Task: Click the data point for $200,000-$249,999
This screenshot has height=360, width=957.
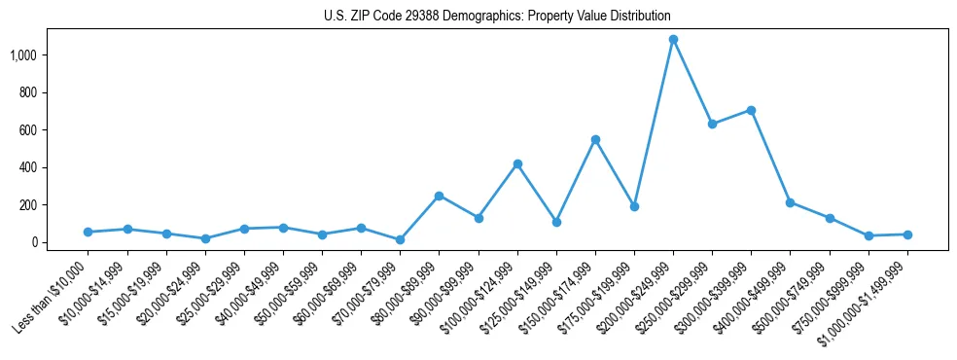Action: pyautogui.click(x=673, y=40)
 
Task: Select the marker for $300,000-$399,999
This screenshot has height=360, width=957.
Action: pyautogui.click(x=751, y=110)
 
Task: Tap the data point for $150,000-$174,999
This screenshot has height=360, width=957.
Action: pyautogui.click(x=595, y=139)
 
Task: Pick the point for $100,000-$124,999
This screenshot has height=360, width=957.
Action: pyautogui.click(x=517, y=163)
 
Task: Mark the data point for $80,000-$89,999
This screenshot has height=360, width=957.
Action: pyautogui.click(x=439, y=196)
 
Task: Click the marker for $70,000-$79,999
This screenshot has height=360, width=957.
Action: pyautogui.click(x=400, y=239)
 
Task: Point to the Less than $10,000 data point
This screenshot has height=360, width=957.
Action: pyautogui.click(x=88, y=232)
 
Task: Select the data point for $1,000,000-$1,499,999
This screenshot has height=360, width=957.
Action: pyautogui.click(x=907, y=234)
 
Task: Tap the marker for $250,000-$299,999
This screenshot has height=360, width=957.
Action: pyautogui.click(x=712, y=125)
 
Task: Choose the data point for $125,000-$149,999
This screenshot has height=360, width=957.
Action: pyautogui.click(x=556, y=222)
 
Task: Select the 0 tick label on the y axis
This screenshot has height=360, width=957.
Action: pyautogui.click(x=43, y=242)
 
